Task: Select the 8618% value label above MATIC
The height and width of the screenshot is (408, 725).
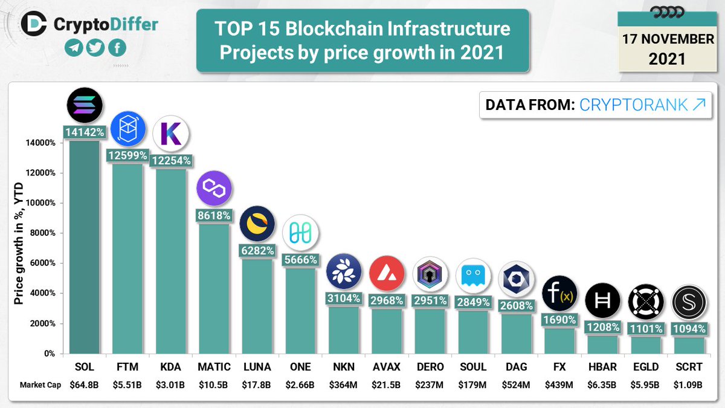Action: [213, 215]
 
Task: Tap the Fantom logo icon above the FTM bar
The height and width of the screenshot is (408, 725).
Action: [128, 129]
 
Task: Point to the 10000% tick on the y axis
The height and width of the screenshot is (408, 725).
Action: [42, 203]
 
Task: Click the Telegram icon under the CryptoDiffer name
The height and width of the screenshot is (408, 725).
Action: [74, 48]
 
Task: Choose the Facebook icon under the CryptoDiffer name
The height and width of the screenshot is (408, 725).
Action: [117, 48]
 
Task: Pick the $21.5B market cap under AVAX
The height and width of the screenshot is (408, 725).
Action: [387, 384]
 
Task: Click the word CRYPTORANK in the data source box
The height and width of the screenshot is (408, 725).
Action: [633, 105]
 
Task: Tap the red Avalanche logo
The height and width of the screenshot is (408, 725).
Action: [387, 273]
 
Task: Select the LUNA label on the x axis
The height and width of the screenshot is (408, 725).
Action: [257, 367]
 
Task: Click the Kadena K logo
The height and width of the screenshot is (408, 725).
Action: [171, 135]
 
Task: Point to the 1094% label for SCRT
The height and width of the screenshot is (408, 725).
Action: [689, 329]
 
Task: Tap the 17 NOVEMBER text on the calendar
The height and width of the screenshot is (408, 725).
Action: [668, 39]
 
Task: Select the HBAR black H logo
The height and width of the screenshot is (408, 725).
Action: [602, 300]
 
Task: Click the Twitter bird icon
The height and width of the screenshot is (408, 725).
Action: [95, 48]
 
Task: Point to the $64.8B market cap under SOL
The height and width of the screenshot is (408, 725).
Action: [85, 384]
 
